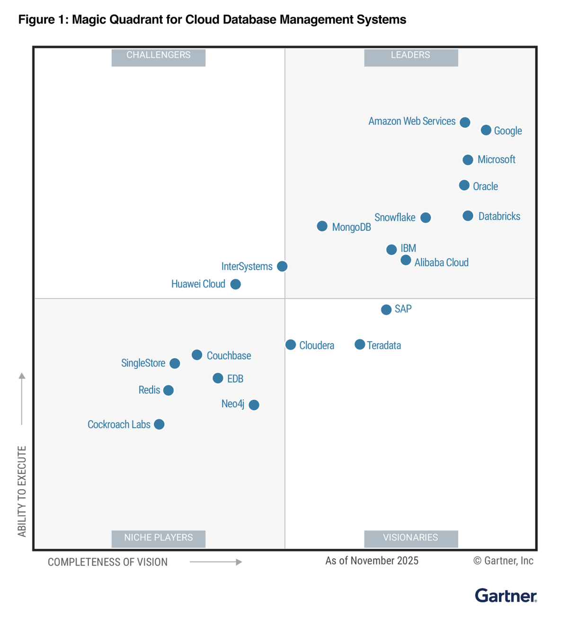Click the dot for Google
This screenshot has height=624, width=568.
pos(486,130)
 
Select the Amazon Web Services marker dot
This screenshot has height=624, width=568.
pos(465,122)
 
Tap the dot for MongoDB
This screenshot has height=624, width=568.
pos(322,226)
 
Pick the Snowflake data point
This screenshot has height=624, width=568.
pos(426,218)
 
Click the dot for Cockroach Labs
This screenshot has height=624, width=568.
pos(159,424)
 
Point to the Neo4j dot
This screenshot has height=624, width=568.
pos(254,405)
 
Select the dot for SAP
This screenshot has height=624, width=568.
pos(386,309)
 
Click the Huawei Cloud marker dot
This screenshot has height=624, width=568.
pos(235,284)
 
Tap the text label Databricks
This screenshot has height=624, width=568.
pos(499,216)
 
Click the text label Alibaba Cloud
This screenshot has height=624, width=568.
pos(441,263)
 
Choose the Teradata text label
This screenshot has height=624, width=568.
pos(384,345)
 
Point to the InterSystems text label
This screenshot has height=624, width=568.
pos(247,266)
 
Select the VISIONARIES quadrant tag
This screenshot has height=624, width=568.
pos(411,538)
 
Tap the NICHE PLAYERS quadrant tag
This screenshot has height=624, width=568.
pos(159,538)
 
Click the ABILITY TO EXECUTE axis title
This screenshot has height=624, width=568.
pos(22,491)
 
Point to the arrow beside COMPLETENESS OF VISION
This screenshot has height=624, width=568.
pos(216,562)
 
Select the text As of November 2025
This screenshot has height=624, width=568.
pos(372,561)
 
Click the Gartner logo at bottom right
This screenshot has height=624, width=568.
pos(506,596)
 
